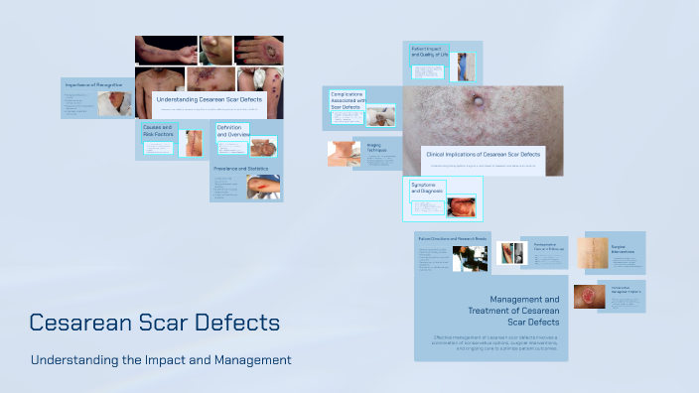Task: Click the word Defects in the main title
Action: click(x=237, y=323)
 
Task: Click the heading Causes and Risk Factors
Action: click(x=158, y=132)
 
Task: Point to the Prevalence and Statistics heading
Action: click(x=241, y=170)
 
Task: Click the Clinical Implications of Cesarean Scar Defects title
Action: click(x=483, y=155)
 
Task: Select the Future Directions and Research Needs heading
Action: click(x=452, y=239)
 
